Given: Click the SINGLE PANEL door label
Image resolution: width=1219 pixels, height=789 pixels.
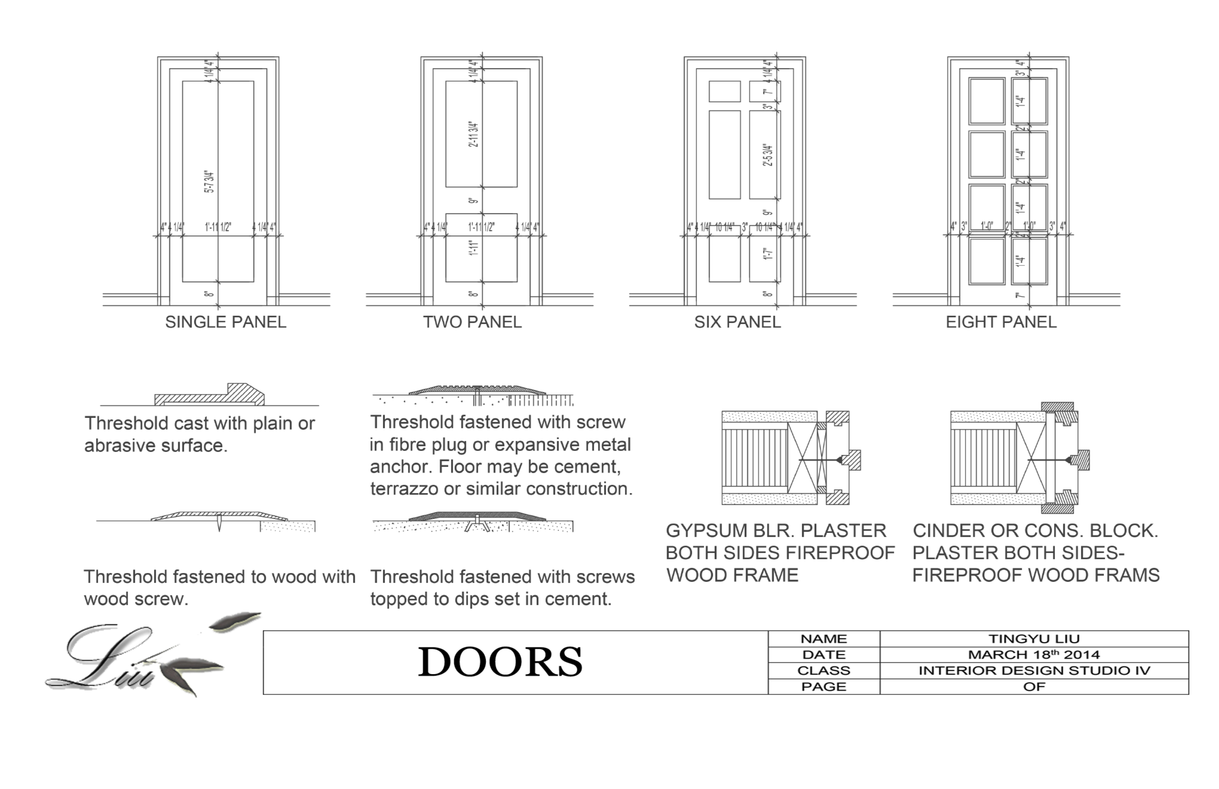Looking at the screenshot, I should [225, 322].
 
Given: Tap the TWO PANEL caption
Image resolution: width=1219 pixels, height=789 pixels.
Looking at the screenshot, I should [472, 322].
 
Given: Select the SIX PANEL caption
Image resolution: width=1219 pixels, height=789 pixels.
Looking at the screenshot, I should [737, 322].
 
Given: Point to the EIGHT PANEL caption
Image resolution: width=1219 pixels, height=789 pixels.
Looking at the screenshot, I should [1001, 322].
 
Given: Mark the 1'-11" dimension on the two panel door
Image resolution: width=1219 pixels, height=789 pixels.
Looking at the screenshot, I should [474, 248].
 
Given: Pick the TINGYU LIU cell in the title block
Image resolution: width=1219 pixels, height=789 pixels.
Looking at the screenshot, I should [1034, 639].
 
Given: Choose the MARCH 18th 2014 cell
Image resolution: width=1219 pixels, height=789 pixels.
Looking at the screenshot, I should [1034, 655].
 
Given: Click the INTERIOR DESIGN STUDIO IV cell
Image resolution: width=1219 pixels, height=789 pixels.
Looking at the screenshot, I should [1034, 671].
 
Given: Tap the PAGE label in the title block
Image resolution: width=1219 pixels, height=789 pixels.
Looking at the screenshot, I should [824, 686].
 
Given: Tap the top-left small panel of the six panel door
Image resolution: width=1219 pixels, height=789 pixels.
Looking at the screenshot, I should [724, 91].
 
